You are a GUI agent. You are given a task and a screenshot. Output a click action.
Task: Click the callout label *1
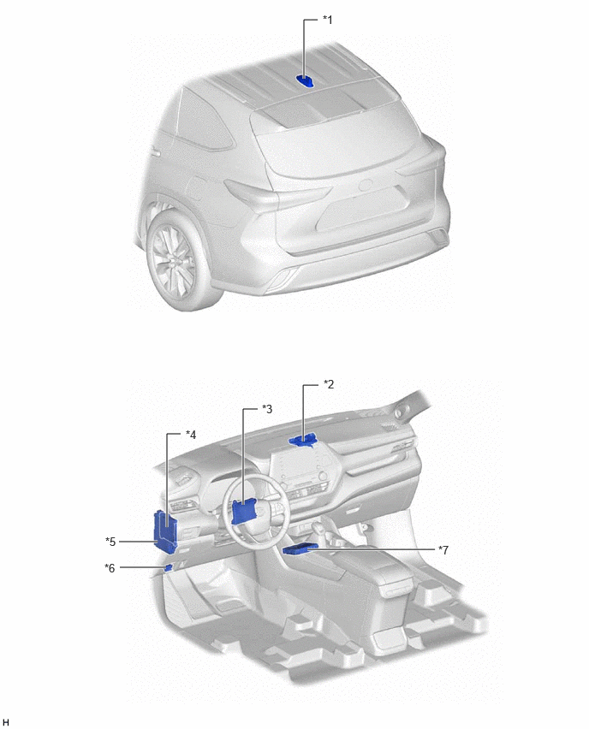(328, 20)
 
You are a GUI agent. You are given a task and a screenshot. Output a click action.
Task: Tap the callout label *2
(329, 384)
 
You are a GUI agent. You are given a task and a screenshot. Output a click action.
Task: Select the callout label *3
(267, 409)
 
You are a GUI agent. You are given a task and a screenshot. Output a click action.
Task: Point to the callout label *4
(191, 435)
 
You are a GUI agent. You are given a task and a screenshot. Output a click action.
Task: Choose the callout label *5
(110, 542)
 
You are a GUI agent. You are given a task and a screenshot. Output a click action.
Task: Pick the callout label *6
(110, 567)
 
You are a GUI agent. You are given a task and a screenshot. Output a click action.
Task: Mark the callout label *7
(443, 550)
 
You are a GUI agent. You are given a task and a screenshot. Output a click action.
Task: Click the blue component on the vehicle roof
(306, 81)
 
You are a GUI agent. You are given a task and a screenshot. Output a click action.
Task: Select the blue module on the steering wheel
(245, 511)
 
